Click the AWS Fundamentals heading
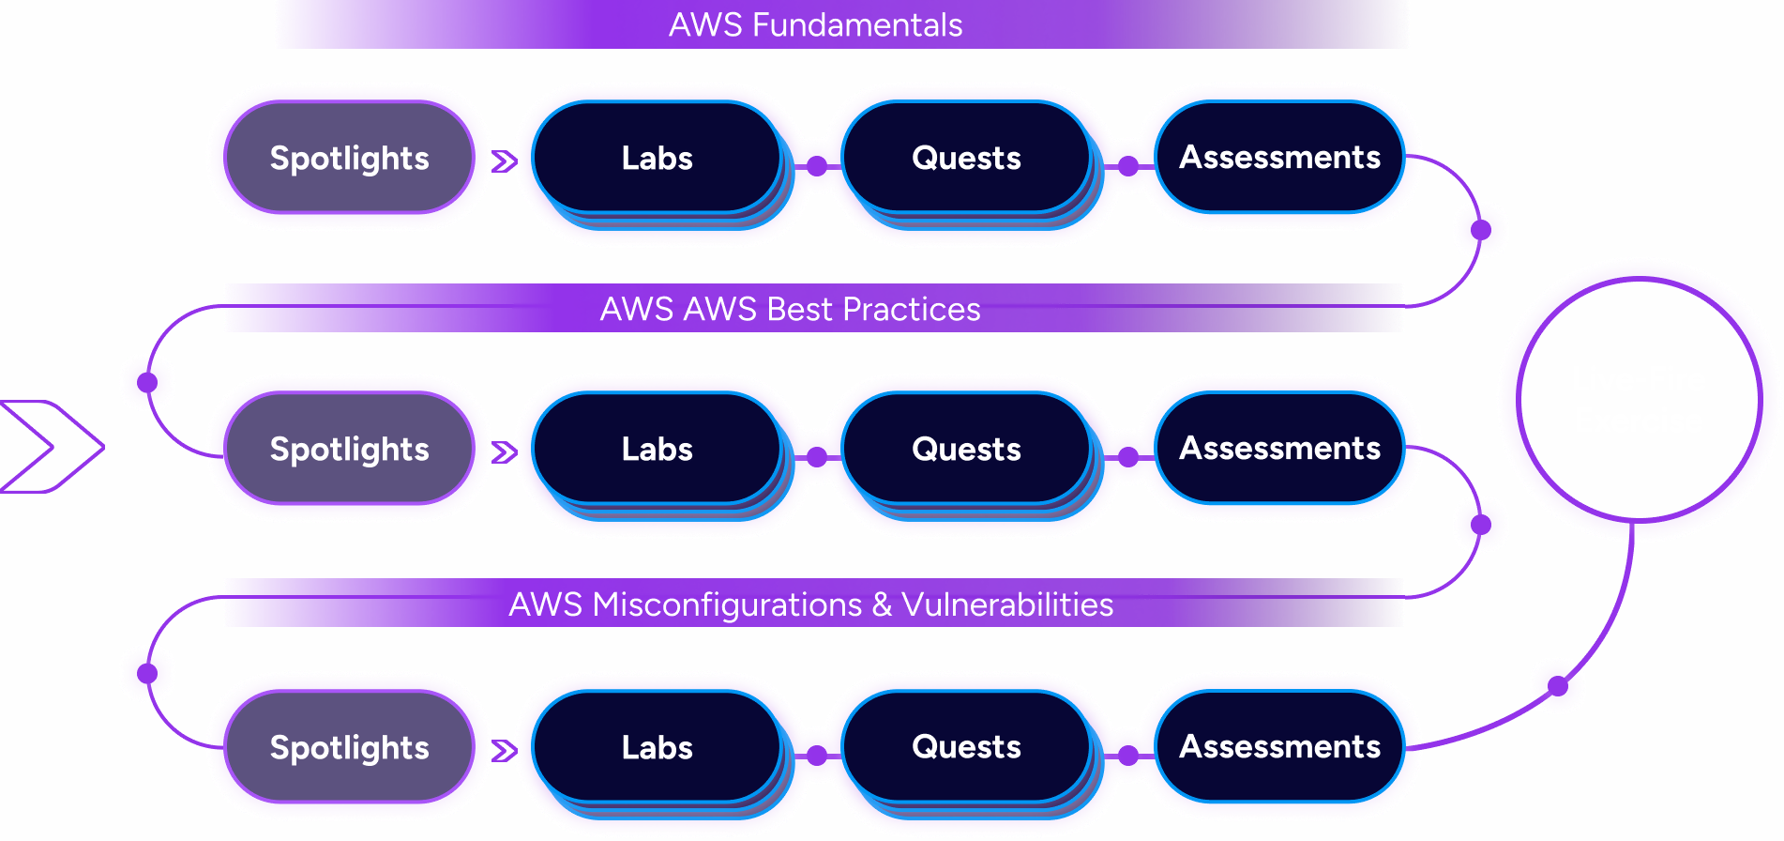click(x=815, y=24)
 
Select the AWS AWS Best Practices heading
click(x=790, y=309)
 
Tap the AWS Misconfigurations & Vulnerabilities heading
click(x=810, y=604)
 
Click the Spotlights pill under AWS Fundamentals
click(x=349, y=158)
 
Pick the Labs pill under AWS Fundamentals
click(x=657, y=158)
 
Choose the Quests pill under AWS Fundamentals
click(x=966, y=158)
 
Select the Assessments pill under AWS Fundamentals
click(x=1279, y=158)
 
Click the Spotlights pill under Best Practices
click(x=349, y=449)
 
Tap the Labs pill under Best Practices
click(x=657, y=449)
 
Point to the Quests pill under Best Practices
click(x=966, y=449)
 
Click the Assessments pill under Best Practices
click(x=1279, y=449)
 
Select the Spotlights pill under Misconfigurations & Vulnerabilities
click(x=349, y=747)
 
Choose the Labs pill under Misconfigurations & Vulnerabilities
click(x=657, y=747)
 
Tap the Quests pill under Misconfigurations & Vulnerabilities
click(x=966, y=747)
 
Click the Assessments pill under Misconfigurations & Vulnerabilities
click(x=1279, y=747)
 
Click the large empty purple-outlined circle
click(x=1519, y=400)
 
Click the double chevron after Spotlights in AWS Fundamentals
click(x=504, y=161)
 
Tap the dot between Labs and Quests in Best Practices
click(x=817, y=457)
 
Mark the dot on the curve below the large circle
click(x=1558, y=686)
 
